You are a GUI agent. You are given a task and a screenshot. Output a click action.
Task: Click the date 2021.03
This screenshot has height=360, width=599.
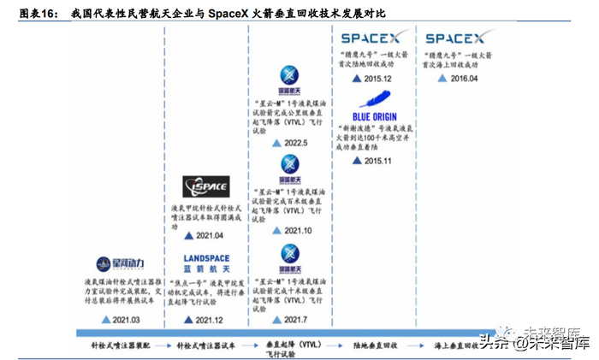point(126,319)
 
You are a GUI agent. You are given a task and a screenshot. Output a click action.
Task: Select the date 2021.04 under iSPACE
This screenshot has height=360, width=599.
point(210,235)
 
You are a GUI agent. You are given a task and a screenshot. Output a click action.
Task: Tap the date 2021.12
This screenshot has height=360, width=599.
point(210,319)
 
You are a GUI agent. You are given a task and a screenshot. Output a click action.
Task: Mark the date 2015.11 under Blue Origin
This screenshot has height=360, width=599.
point(377,160)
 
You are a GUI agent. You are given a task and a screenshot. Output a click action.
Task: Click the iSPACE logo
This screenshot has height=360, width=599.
point(206,186)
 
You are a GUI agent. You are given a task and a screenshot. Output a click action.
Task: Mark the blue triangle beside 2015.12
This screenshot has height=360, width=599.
point(356,79)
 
